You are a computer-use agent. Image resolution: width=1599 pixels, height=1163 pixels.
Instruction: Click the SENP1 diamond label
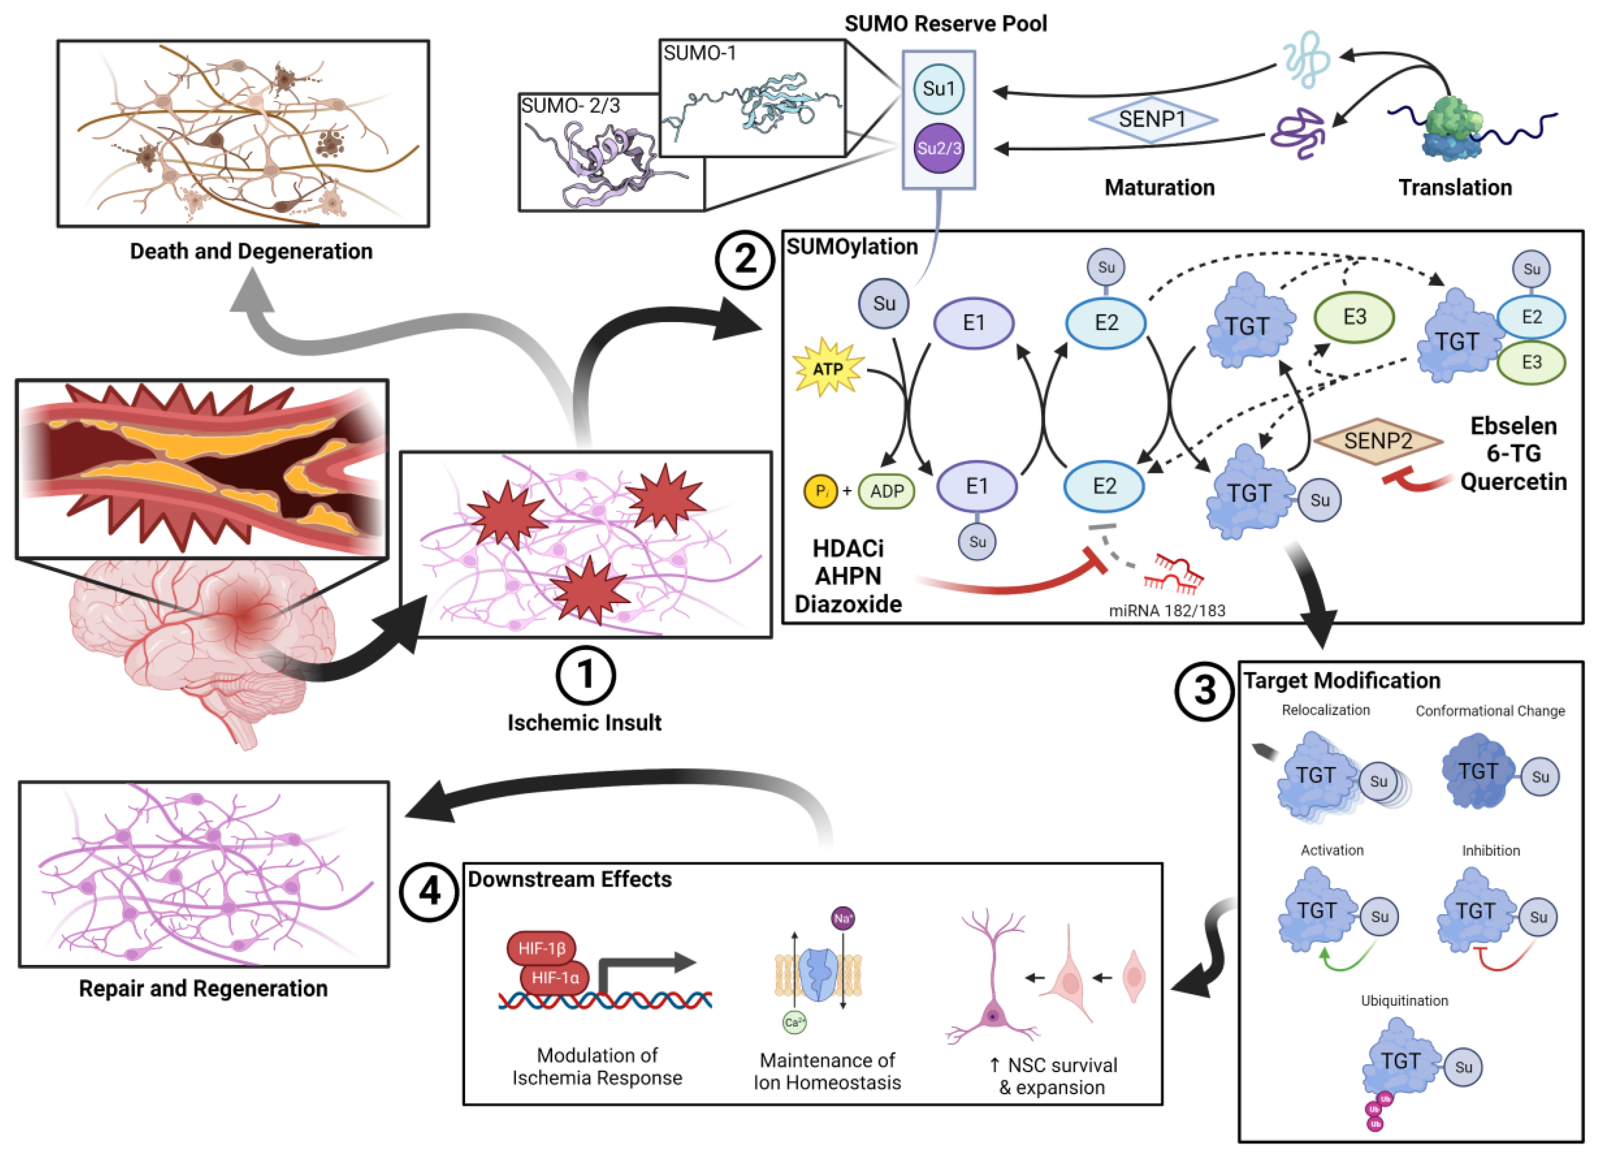1152,119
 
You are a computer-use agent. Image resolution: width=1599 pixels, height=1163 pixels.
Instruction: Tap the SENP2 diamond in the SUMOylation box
1378,442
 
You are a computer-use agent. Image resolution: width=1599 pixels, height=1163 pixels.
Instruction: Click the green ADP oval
886,491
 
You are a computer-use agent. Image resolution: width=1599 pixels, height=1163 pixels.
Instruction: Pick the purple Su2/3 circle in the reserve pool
939,148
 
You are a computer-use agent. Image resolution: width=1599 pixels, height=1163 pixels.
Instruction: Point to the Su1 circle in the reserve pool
939,89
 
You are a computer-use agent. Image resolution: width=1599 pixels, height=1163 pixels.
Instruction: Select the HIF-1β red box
541,949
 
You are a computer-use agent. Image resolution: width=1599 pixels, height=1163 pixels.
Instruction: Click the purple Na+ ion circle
842,918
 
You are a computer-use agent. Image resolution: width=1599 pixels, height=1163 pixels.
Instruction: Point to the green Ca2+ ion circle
795,1022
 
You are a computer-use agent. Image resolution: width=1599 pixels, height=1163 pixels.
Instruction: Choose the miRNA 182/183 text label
1167,611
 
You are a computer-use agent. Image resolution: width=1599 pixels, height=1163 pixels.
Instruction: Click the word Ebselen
1513,426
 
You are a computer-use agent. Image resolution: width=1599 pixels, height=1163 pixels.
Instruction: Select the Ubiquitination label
1405,1000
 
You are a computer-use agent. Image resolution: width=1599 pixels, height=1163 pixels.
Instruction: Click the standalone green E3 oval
1354,317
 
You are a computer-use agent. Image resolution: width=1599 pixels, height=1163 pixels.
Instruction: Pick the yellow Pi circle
821,491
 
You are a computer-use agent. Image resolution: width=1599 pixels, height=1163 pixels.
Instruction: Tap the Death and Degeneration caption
251,251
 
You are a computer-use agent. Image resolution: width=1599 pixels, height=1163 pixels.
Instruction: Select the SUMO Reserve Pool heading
945,24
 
